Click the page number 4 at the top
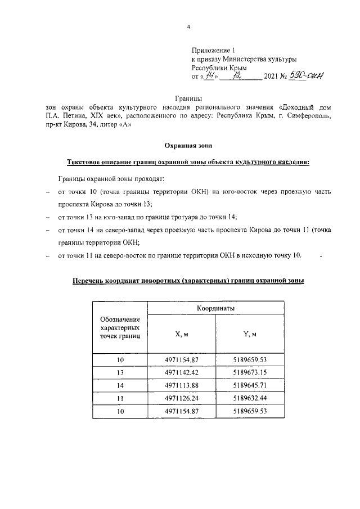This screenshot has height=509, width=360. click(x=188, y=27)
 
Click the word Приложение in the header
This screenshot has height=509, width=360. click(x=209, y=50)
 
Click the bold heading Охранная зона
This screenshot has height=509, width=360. click(x=188, y=146)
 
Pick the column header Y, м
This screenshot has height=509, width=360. click(x=250, y=334)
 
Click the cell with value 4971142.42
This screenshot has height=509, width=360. click(x=182, y=372)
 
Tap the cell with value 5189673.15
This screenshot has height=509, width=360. click(x=250, y=372)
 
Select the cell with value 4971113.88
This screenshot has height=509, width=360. click(x=182, y=385)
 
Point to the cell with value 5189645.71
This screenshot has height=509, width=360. click(x=250, y=385)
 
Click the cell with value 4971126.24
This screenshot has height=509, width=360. click(x=182, y=398)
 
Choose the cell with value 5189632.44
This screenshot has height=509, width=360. click(x=250, y=398)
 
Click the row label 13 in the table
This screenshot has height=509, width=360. click(x=120, y=372)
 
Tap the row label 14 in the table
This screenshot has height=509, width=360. click(x=120, y=385)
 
